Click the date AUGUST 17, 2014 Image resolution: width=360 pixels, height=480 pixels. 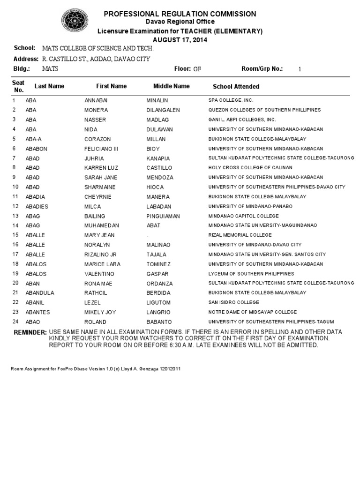coord(180,40)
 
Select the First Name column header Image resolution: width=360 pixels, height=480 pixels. coord(112,86)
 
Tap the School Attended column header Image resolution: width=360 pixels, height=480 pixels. coord(236,87)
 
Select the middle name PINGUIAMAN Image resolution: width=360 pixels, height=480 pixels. coord(163,216)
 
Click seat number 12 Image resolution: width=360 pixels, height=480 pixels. coord(15,206)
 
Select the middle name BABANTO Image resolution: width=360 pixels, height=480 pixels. coord(159,322)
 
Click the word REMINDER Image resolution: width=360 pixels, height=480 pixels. coord(29,332)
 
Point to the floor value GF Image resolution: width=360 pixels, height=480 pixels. coord(197,69)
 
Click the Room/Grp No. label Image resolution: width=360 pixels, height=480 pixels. coord(262,68)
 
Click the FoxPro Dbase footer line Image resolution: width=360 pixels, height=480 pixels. coord(96,369)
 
